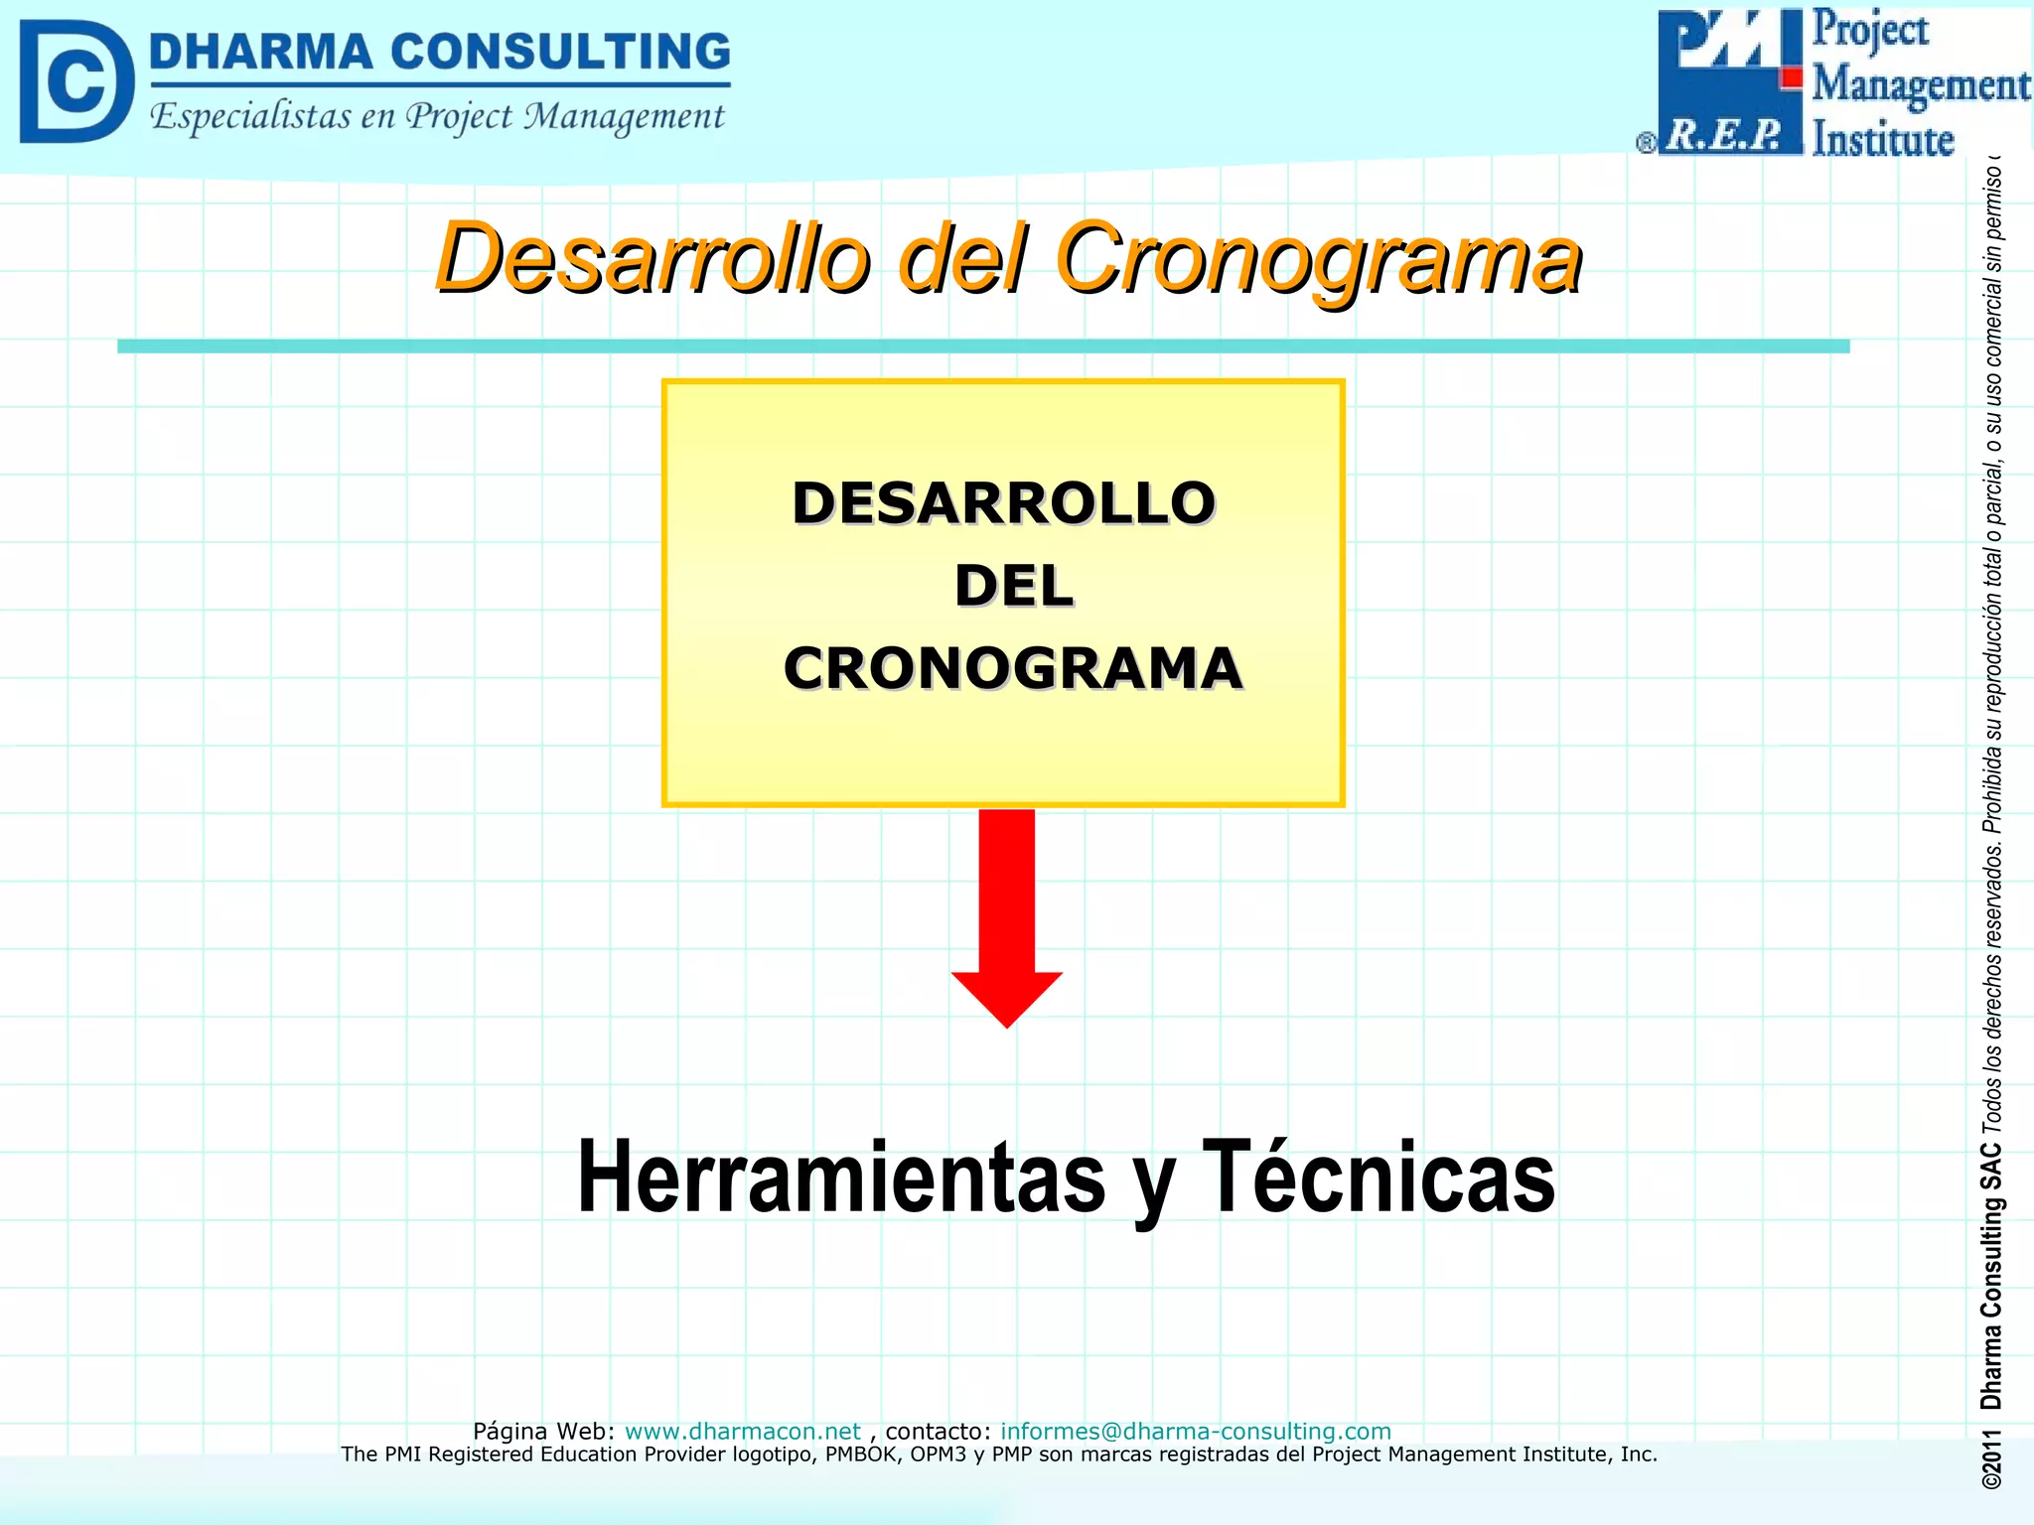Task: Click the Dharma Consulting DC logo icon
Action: [x=75, y=81]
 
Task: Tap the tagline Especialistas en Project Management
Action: [x=437, y=117]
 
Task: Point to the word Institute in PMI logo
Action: [x=1882, y=139]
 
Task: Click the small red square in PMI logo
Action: [x=1792, y=77]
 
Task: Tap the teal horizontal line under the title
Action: [x=983, y=346]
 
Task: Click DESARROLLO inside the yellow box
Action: [x=1003, y=503]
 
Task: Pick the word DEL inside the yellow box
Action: [x=1013, y=586]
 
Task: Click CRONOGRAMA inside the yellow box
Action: [x=1013, y=668]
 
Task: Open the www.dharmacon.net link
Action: [x=742, y=1431]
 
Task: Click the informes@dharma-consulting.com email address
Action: [x=1195, y=1431]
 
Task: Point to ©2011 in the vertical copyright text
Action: [x=1991, y=1459]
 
